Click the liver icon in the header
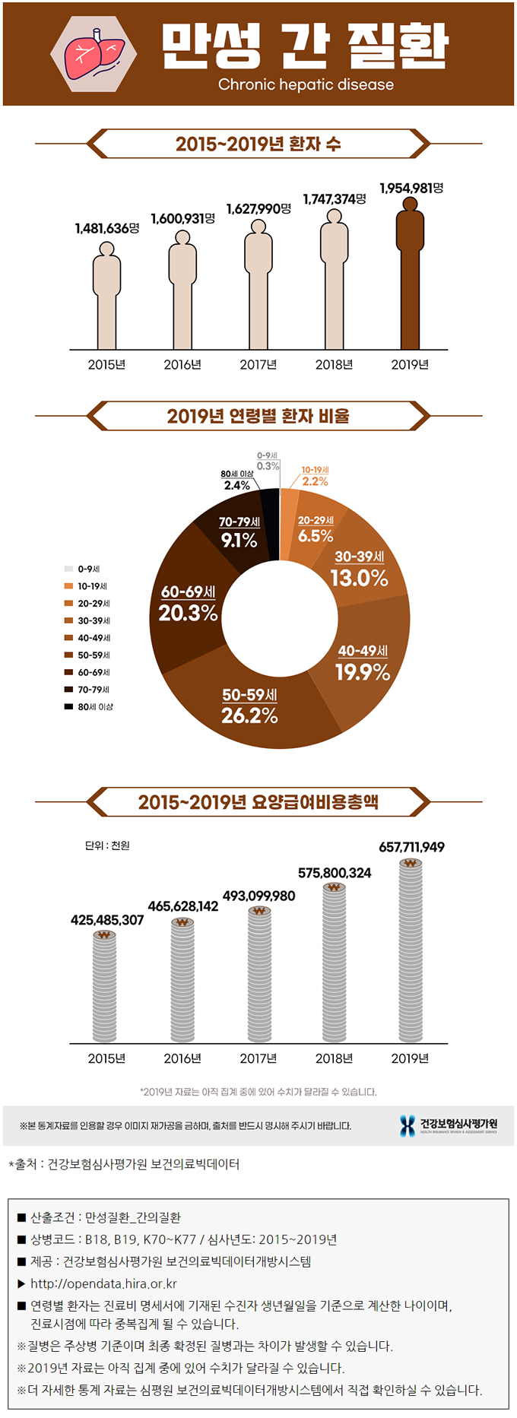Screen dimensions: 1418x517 (94, 54)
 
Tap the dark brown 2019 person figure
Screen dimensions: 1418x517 (410, 274)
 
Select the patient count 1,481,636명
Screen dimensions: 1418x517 (106, 228)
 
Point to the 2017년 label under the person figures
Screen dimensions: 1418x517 (258, 365)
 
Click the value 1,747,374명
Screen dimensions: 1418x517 (335, 199)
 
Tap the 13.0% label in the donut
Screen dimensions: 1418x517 (359, 578)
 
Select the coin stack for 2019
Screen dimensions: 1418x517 (411, 950)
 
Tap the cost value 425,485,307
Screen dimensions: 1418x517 (107, 920)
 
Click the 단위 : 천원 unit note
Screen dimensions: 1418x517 (107, 845)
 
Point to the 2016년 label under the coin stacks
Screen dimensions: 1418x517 (182, 1058)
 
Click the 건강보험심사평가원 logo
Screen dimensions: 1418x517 (449, 1125)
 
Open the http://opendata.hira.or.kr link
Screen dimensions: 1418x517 (103, 1284)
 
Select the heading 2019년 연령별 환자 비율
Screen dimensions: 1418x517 (258, 417)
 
